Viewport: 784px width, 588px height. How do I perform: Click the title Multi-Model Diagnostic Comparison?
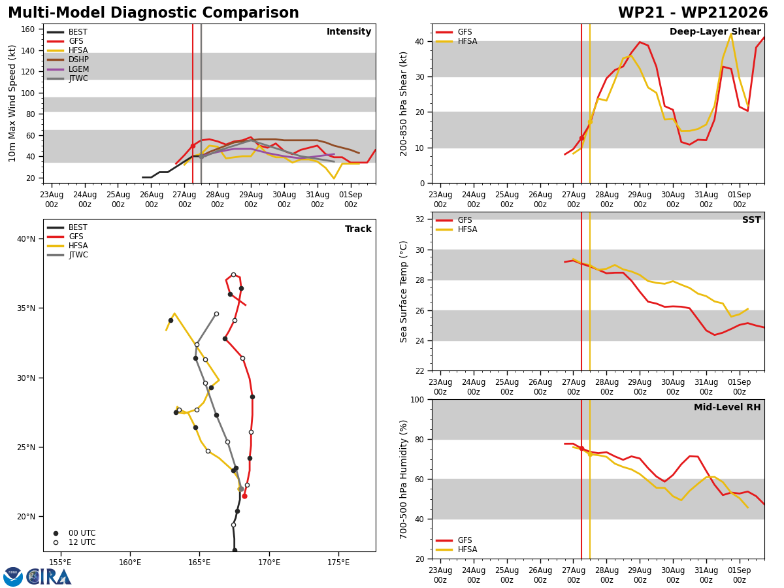[154, 13]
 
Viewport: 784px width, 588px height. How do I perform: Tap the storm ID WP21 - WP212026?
[693, 13]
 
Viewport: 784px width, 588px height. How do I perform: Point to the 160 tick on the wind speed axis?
[27, 29]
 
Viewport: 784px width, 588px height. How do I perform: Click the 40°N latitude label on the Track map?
[26, 239]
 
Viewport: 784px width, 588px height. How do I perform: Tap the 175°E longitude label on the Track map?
[338, 563]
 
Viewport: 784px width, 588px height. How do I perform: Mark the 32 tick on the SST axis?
[420, 220]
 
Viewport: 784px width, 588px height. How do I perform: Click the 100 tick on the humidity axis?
[417, 399]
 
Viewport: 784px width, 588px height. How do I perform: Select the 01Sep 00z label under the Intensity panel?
[350, 199]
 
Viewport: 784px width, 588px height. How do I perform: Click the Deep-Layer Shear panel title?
[715, 31]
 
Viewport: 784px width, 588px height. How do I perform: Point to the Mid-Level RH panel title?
[727, 407]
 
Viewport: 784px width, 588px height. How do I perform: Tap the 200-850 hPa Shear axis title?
[403, 104]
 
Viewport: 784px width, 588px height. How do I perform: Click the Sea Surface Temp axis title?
[403, 291]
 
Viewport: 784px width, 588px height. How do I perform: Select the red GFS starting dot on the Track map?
[244, 497]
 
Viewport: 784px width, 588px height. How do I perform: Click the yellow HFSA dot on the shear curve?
[590, 122]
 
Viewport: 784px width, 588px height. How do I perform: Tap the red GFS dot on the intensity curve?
[193, 146]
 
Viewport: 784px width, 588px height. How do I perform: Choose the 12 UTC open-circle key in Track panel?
[56, 543]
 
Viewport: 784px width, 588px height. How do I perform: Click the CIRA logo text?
[49, 577]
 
